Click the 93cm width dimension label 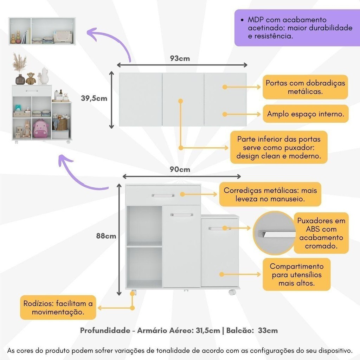coord(180,58)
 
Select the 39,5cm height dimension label coord(94,98)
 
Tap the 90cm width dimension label coord(180,169)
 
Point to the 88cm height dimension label coord(106,236)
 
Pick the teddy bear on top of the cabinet coord(31,78)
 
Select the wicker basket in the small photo coord(62,124)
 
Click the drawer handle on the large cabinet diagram coord(163,195)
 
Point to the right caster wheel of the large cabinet coord(232,292)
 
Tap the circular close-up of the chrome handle coord(275,233)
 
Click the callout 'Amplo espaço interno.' coord(306,114)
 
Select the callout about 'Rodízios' coord(58,308)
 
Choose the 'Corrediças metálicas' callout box coord(270,194)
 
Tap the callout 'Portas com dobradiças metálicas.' coord(305,87)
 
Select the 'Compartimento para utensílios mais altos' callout coord(296,275)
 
